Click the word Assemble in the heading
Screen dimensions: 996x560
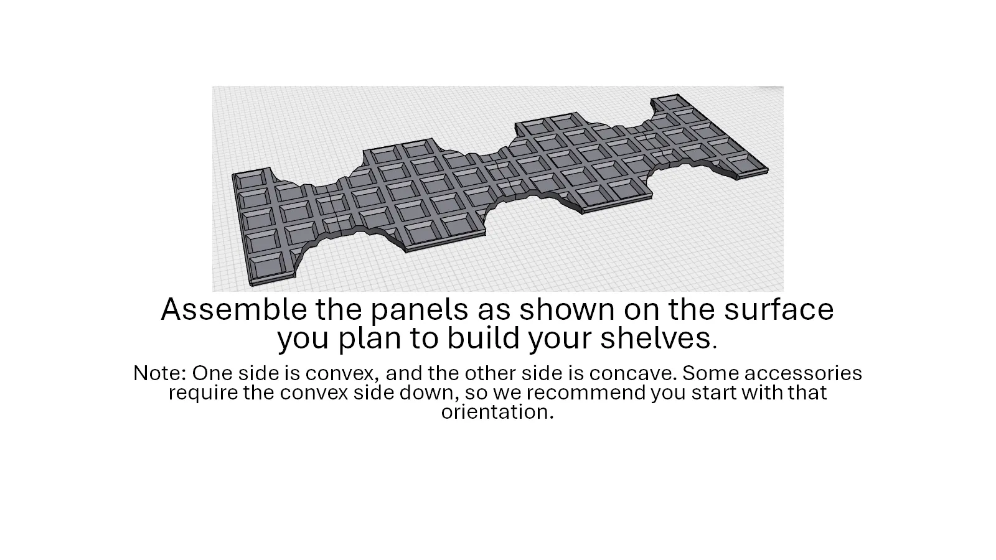[x=234, y=309]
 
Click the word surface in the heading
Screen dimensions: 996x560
[x=779, y=310]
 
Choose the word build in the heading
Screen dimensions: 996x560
[x=483, y=338]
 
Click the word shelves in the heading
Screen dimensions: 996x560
[x=655, y=338]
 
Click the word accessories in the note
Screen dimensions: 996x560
[x=803, y=373]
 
